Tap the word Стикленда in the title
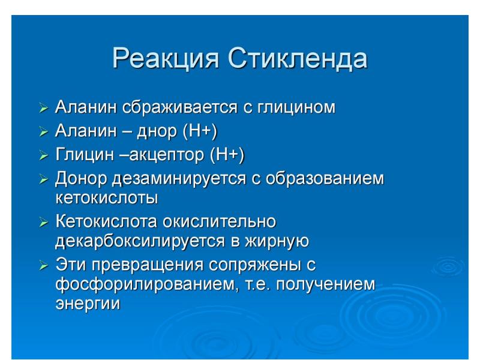point(299,59)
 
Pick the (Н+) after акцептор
point(227,155)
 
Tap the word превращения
point(146,264)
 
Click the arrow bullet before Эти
point(43,265)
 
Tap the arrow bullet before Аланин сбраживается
point(43,109)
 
